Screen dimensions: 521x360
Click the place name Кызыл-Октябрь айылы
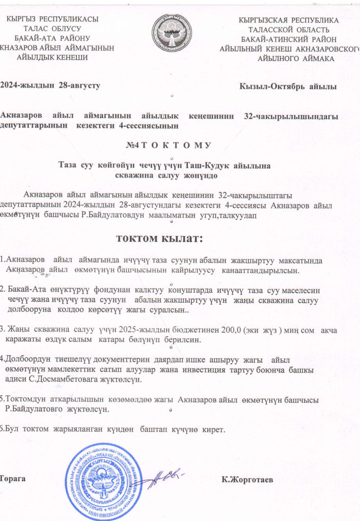(288, 86)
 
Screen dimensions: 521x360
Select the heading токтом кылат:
(160, 238)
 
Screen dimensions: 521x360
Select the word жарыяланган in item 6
(77, 429)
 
